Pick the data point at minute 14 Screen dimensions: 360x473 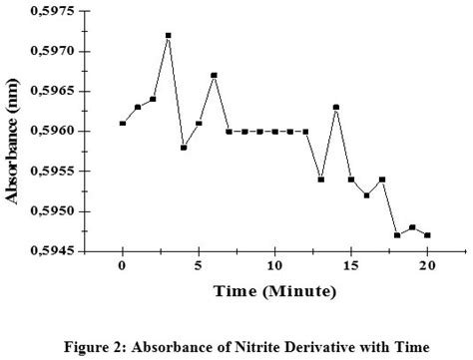click(x=336, y=108)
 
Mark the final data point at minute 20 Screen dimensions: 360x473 click(x=427, y=235)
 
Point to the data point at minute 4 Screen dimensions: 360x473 click(x=184, y=148)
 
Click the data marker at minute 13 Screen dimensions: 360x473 click(x=320, y=180)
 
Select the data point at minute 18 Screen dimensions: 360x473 click(x=397, y=235)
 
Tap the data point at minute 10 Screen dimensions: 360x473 click(x=274, y=132)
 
